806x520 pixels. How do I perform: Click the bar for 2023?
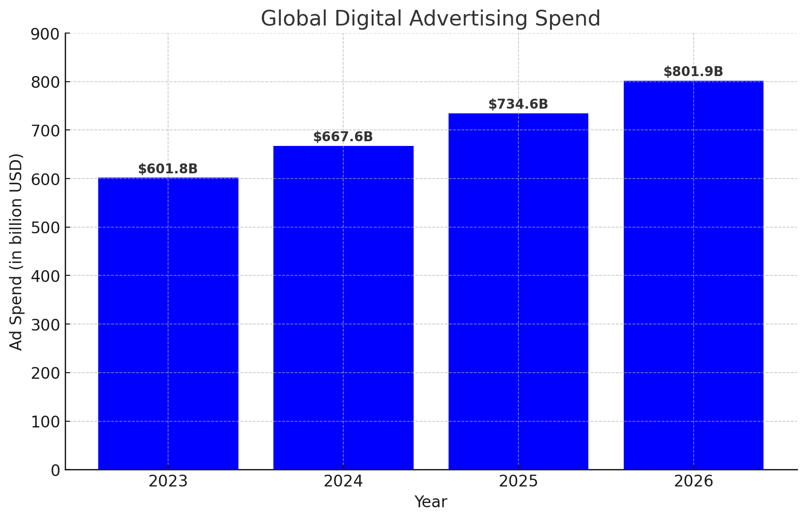[168, 324]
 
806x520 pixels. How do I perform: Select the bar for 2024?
[343, 307]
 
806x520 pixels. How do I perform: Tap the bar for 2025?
[518, 291]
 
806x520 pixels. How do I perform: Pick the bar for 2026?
[693, 275]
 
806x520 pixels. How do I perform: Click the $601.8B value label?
[168, 169]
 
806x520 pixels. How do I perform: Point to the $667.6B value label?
[343, 137]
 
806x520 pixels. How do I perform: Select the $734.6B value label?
[518, 104]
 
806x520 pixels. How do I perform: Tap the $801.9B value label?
[693, 72]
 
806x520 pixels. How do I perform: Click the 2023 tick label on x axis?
[168, 482]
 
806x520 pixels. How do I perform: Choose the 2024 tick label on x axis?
[343, 482]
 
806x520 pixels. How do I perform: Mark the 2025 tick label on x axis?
[518, 482]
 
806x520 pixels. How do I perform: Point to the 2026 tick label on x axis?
[693, 482]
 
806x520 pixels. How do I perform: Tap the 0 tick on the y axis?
[56, 470]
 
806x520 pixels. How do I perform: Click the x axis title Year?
[431, 502]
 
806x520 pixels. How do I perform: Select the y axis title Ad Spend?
[17, 252]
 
